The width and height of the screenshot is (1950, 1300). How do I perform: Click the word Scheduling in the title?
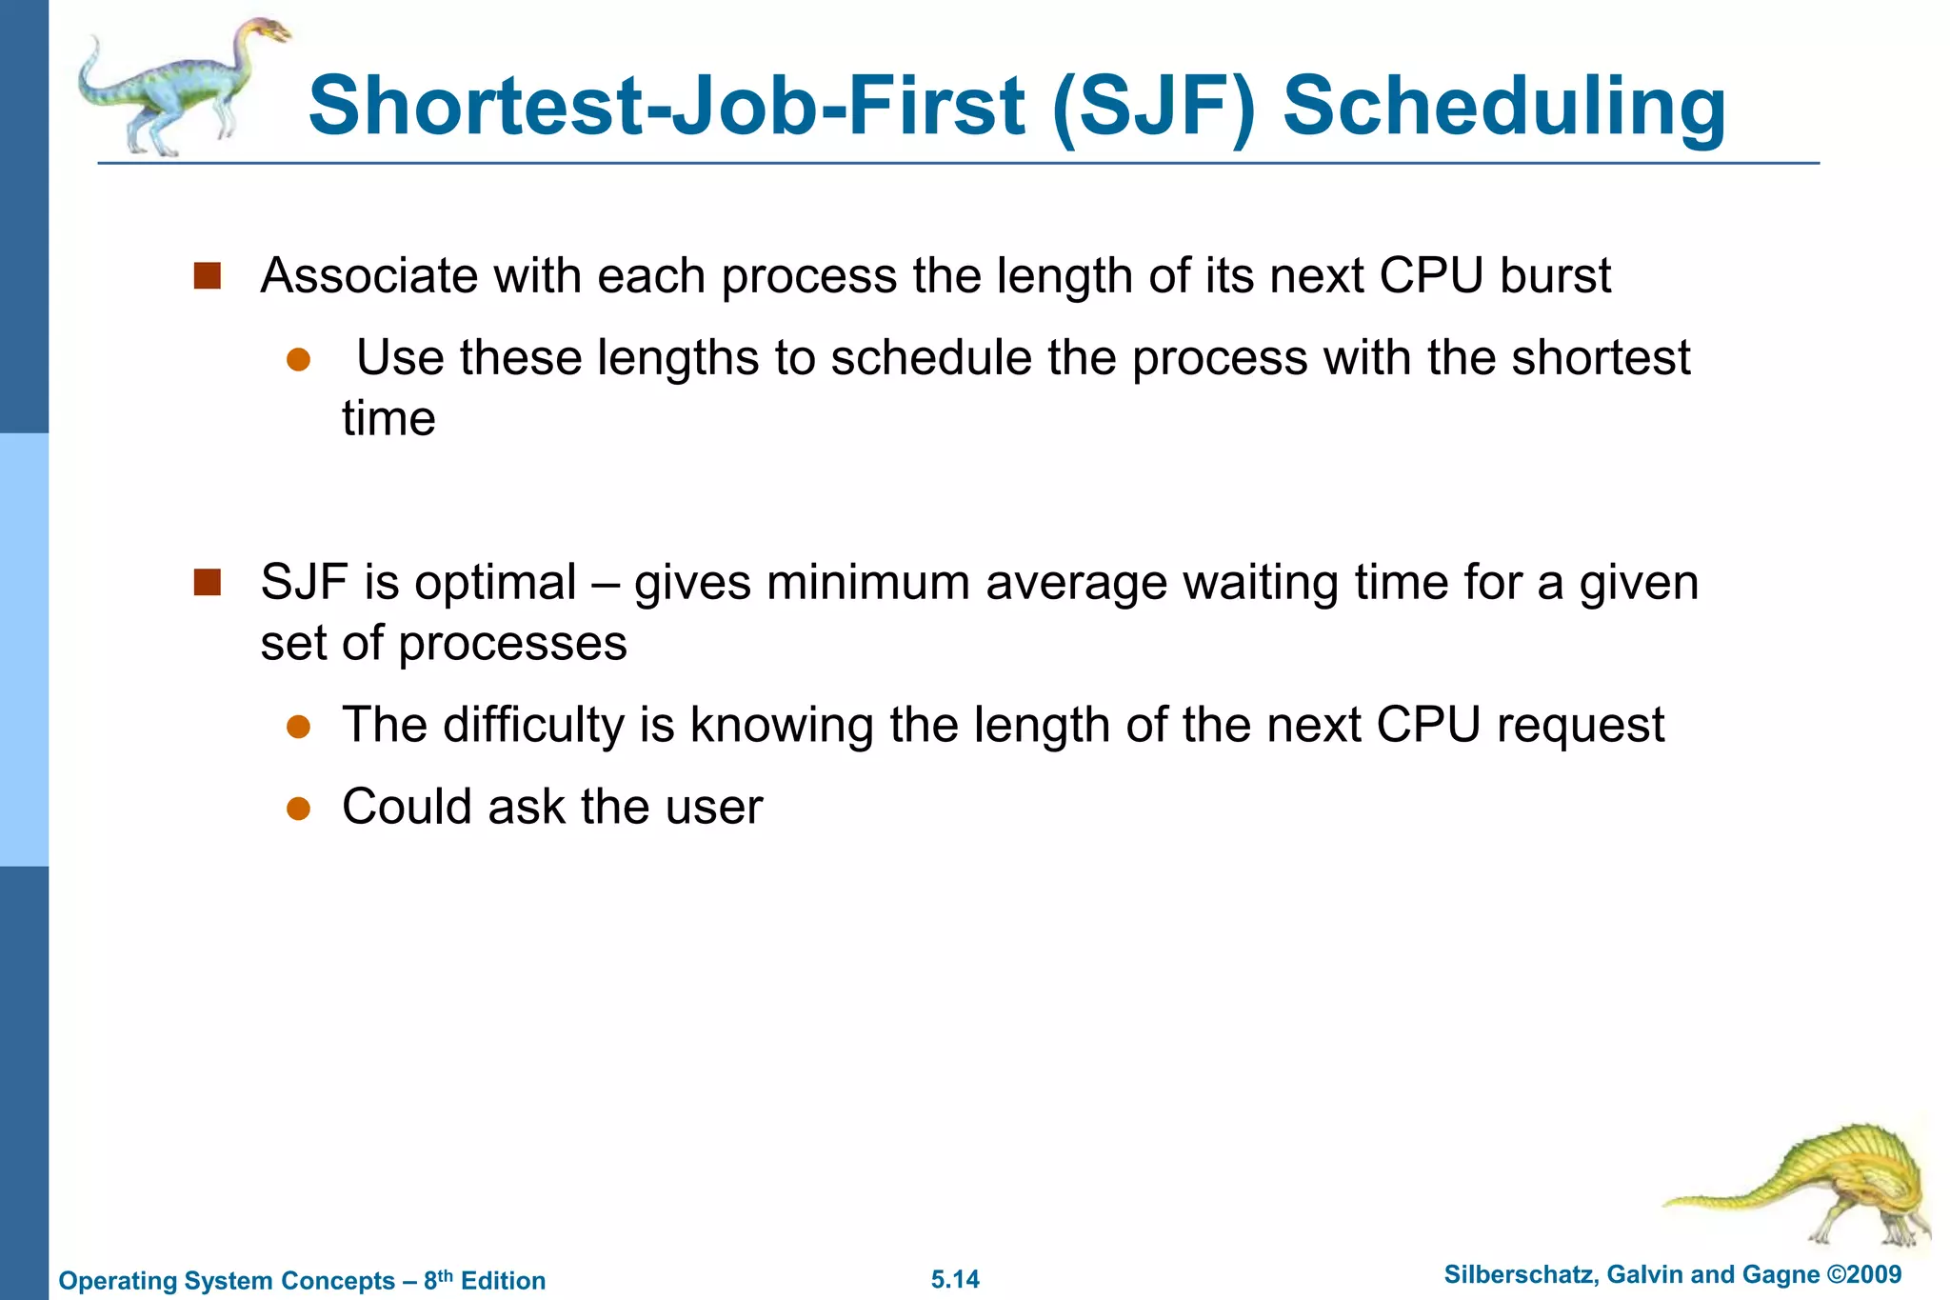pos(1504,107)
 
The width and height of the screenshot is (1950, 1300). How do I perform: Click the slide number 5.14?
pos(955,1279)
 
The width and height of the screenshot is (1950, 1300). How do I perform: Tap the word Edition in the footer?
pos(503,1280)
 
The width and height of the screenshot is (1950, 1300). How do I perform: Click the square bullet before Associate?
pos(207,276)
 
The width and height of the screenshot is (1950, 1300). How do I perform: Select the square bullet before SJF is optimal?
pos(207,582)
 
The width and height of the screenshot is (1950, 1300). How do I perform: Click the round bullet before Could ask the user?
pos(299,809)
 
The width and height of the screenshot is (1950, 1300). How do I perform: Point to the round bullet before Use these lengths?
pos(299,359)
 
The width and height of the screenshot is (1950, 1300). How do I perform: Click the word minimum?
pos(867,583)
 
